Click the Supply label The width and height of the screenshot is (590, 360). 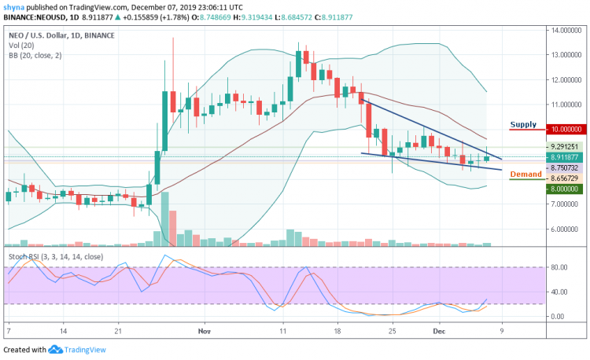(524, 124)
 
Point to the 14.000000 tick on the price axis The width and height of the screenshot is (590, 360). (565, 31)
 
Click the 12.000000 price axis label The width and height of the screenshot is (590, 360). (565, 79)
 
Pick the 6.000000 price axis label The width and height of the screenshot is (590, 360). (565, 230)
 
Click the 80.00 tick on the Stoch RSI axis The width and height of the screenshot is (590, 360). (559, 267)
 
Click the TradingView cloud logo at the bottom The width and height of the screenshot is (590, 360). (55, 350)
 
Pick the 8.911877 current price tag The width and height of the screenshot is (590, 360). (565, 156)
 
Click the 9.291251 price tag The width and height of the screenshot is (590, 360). (565, 146)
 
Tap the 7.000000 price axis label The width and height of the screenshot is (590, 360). (565, 204)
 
